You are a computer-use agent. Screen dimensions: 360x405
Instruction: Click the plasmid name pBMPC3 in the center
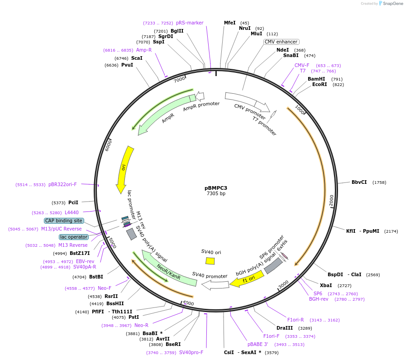(216, 187)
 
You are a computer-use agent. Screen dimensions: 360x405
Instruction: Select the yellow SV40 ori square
(210, 261)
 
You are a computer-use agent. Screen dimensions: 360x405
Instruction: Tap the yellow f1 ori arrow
(247, 279)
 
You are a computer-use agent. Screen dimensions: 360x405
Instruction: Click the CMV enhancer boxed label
(281, 42)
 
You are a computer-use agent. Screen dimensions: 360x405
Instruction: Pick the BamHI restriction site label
(316, 79)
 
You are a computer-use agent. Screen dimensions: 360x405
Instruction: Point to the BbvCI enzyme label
(359, 182)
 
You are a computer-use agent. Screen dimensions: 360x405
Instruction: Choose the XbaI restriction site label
(326, 285)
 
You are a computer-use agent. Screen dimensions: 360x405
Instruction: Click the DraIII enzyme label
(285, 328)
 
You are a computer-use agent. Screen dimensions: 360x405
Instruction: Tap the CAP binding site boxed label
(64, 221)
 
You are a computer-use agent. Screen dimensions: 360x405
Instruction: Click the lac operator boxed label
(73, 237)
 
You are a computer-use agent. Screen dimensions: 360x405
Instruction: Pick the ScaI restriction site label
(137, 58)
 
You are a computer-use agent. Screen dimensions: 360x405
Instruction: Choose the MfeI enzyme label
(230, 23)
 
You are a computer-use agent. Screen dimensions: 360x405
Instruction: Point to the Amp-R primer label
(144, 50)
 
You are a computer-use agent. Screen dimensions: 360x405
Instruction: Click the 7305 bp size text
(216, 194)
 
